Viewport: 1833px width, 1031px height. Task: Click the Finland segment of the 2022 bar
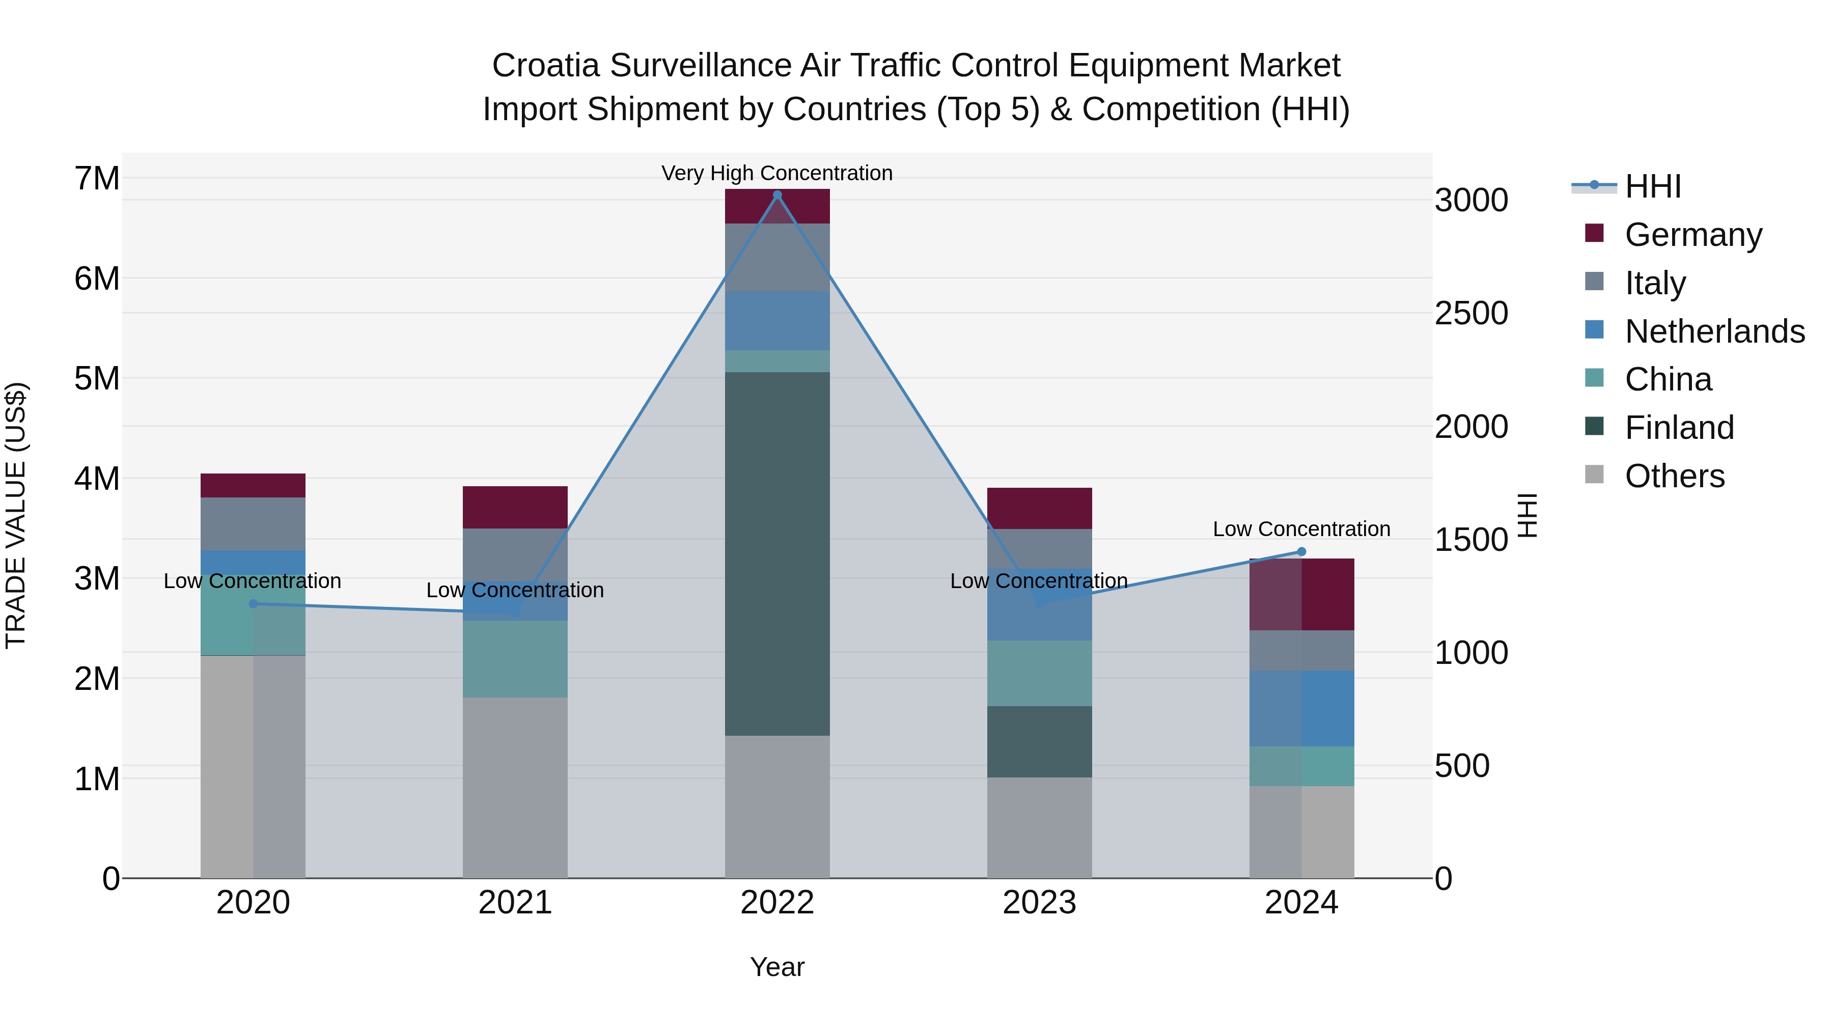pos(777,553)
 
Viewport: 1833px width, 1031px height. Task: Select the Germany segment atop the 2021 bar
pos(515,507)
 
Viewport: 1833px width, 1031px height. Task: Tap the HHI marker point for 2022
pos(777,195)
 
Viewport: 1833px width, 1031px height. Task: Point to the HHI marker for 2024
pos(1301,551)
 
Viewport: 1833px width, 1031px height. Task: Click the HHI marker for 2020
pos(254,603)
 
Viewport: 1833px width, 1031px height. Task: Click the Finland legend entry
pos(1679,428)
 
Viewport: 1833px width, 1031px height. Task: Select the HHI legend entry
pos(1652,186)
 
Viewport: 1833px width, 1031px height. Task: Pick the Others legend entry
pos(1674,476)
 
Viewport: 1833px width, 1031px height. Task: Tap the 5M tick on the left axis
pos(97,378)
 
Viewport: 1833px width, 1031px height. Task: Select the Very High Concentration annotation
pos(777,173)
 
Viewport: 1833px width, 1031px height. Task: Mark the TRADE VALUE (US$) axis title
pos(16,515)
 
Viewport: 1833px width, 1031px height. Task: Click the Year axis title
pos(777,967)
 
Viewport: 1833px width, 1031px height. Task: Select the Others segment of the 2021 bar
pos(515,787)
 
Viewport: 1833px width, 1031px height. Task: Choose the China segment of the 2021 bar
pos(515,659)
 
